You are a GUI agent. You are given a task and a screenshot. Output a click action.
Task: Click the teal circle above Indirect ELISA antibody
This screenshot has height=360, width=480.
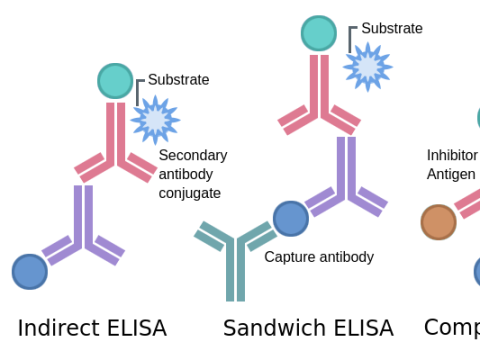(115, 81)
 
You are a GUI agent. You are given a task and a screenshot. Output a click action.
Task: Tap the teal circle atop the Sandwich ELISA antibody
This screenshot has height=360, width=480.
(319, 33)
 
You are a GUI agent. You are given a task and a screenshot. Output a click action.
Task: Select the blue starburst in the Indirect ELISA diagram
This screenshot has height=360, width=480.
(155, 120)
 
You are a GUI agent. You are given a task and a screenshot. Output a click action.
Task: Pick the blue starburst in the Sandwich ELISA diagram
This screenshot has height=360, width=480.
(367, 67)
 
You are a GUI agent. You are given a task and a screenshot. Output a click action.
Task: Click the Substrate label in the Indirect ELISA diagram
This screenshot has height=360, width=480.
(178, 80)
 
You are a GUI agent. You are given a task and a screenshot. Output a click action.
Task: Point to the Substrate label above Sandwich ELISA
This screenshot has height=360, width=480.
(391, 28)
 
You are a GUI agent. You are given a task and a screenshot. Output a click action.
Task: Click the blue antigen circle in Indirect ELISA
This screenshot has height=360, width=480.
(30, 271)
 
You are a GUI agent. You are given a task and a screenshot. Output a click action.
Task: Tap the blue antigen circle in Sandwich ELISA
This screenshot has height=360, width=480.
(290, 218)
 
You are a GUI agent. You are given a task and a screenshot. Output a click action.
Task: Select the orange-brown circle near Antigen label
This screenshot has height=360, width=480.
(438, 222)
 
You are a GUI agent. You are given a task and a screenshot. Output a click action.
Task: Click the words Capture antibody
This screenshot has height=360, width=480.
(319, 257)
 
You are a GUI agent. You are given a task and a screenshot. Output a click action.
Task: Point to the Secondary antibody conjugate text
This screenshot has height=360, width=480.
(192, 174)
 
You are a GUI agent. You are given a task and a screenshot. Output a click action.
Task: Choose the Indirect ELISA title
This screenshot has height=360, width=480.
(92, 328)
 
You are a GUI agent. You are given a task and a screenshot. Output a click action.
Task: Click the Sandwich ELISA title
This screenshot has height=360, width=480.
(308, 328)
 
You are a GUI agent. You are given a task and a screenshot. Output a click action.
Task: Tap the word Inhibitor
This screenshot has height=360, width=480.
(452, 155)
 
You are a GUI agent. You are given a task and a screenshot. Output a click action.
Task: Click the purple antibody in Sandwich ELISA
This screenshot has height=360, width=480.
(346, 180)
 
